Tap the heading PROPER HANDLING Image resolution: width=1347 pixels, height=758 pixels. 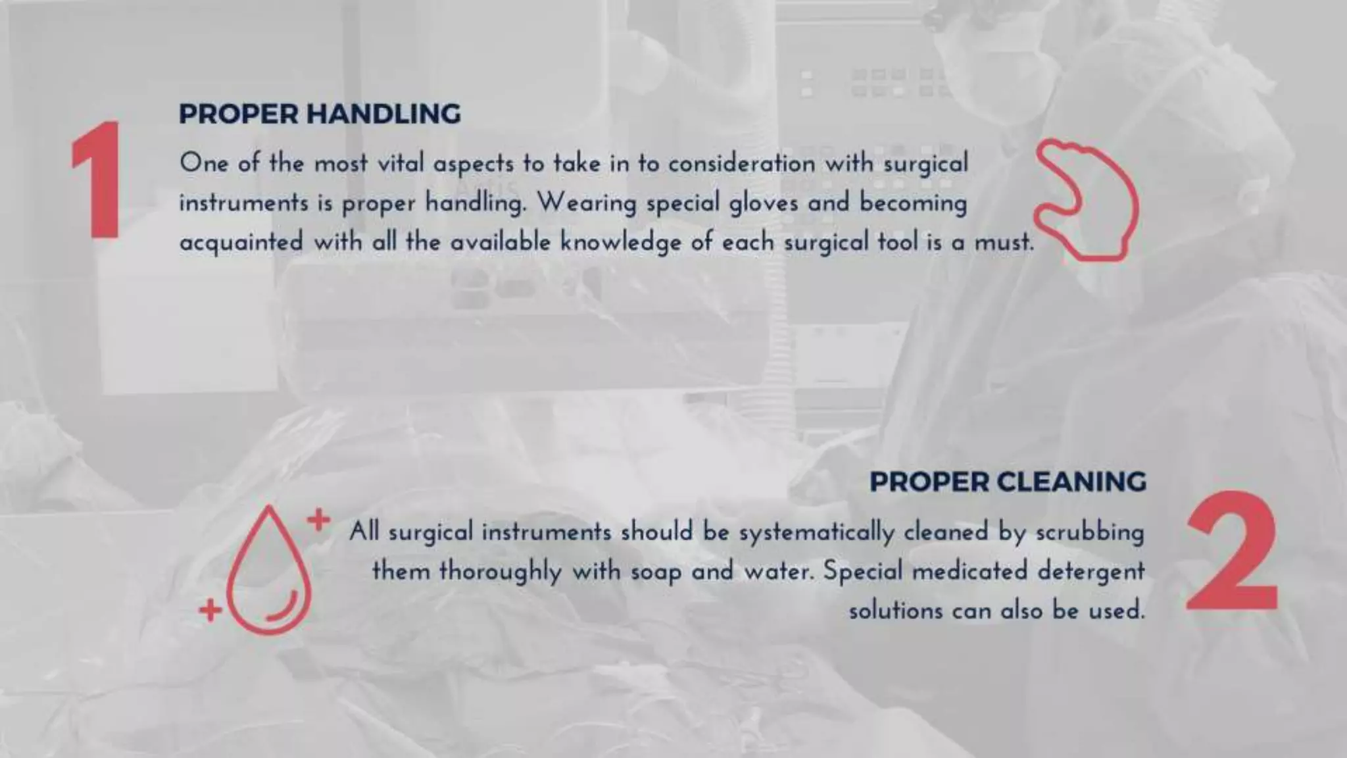click(x=320, y=114)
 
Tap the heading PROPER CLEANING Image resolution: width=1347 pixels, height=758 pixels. click(x=1008, y=482)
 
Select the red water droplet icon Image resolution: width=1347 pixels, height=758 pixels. click(x=268, y=571)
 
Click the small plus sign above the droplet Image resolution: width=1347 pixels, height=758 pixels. click(x=318, y=520)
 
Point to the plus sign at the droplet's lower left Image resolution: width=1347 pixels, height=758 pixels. click(x=210, y=610)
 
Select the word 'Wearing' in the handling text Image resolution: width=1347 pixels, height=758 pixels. click(x=587, y=203)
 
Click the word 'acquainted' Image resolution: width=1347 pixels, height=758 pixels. click(x=241, y=242)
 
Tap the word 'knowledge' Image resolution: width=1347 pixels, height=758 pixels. click(x=620, y=242)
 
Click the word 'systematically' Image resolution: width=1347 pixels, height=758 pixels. click(x=816, y=532)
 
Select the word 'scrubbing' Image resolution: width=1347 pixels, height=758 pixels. click(x=1090, y=532)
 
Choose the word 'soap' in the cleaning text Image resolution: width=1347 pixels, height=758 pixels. click(x=656, y=571)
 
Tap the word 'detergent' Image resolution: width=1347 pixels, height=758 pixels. click(x=1091, y=571)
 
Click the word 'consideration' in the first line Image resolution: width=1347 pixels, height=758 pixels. click(x=741, y=163)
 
